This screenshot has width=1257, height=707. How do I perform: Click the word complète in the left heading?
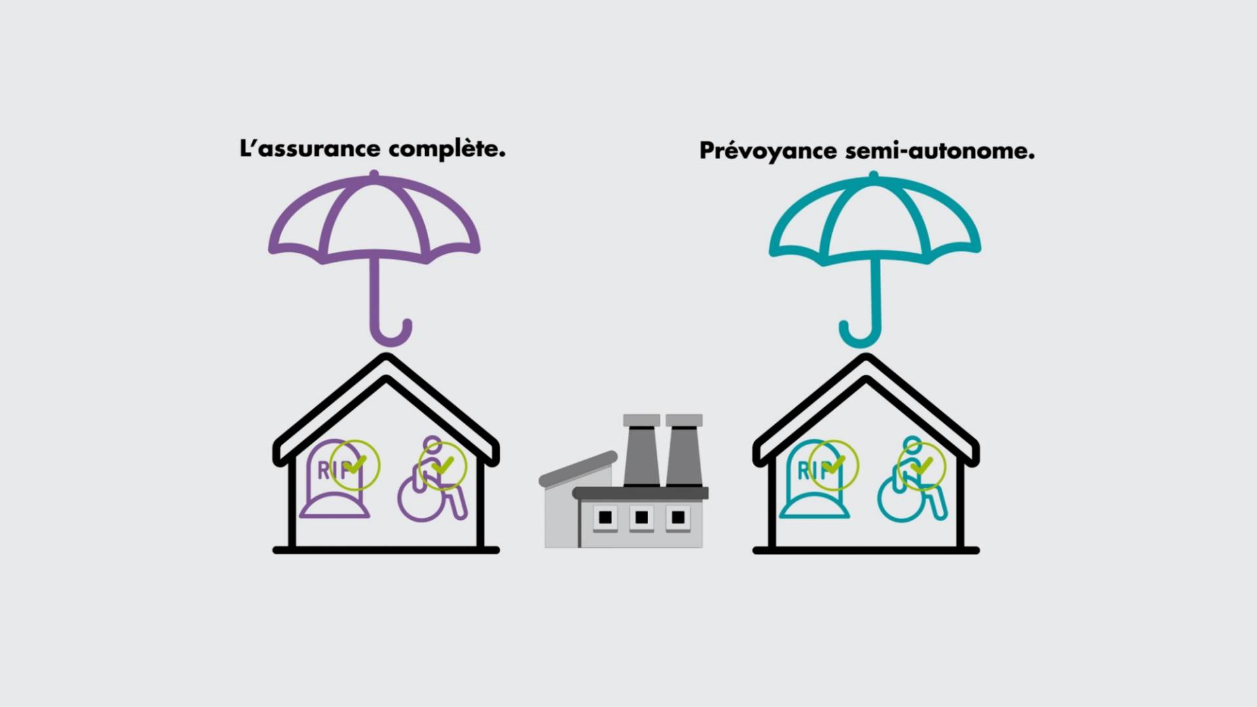(x=446, y=150)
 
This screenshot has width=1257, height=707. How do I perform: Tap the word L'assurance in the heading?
(x=310, y=149)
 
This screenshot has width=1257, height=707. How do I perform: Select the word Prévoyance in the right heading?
(x=768, y=151)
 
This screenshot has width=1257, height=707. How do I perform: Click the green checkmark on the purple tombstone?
(x=355, y=465)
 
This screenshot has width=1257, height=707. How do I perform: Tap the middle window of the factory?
(x=642, y=517)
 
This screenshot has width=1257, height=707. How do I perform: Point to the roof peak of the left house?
(x=386, y=357)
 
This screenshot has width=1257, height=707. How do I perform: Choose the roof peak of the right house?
(x=866, y=357)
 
